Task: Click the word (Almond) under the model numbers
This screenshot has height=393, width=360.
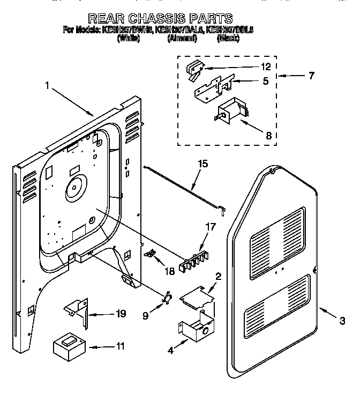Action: coord(182,39)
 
